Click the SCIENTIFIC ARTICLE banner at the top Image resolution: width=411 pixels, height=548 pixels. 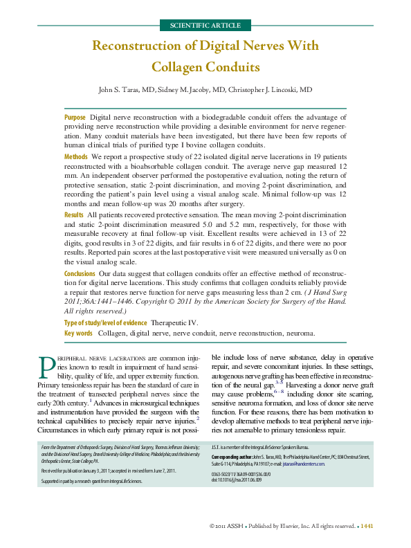point(205,26)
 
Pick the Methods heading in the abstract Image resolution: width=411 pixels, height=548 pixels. point(76,158)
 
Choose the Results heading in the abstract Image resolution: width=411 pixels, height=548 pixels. point(74,216)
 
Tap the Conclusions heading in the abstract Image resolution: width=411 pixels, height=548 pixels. point(80,274)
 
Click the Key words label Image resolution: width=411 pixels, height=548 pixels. point(78,333)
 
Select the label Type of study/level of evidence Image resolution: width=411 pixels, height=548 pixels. point(105,322)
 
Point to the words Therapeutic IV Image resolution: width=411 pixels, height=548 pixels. point(174,322)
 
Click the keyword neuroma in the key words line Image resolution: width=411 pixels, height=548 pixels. point(300,333)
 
